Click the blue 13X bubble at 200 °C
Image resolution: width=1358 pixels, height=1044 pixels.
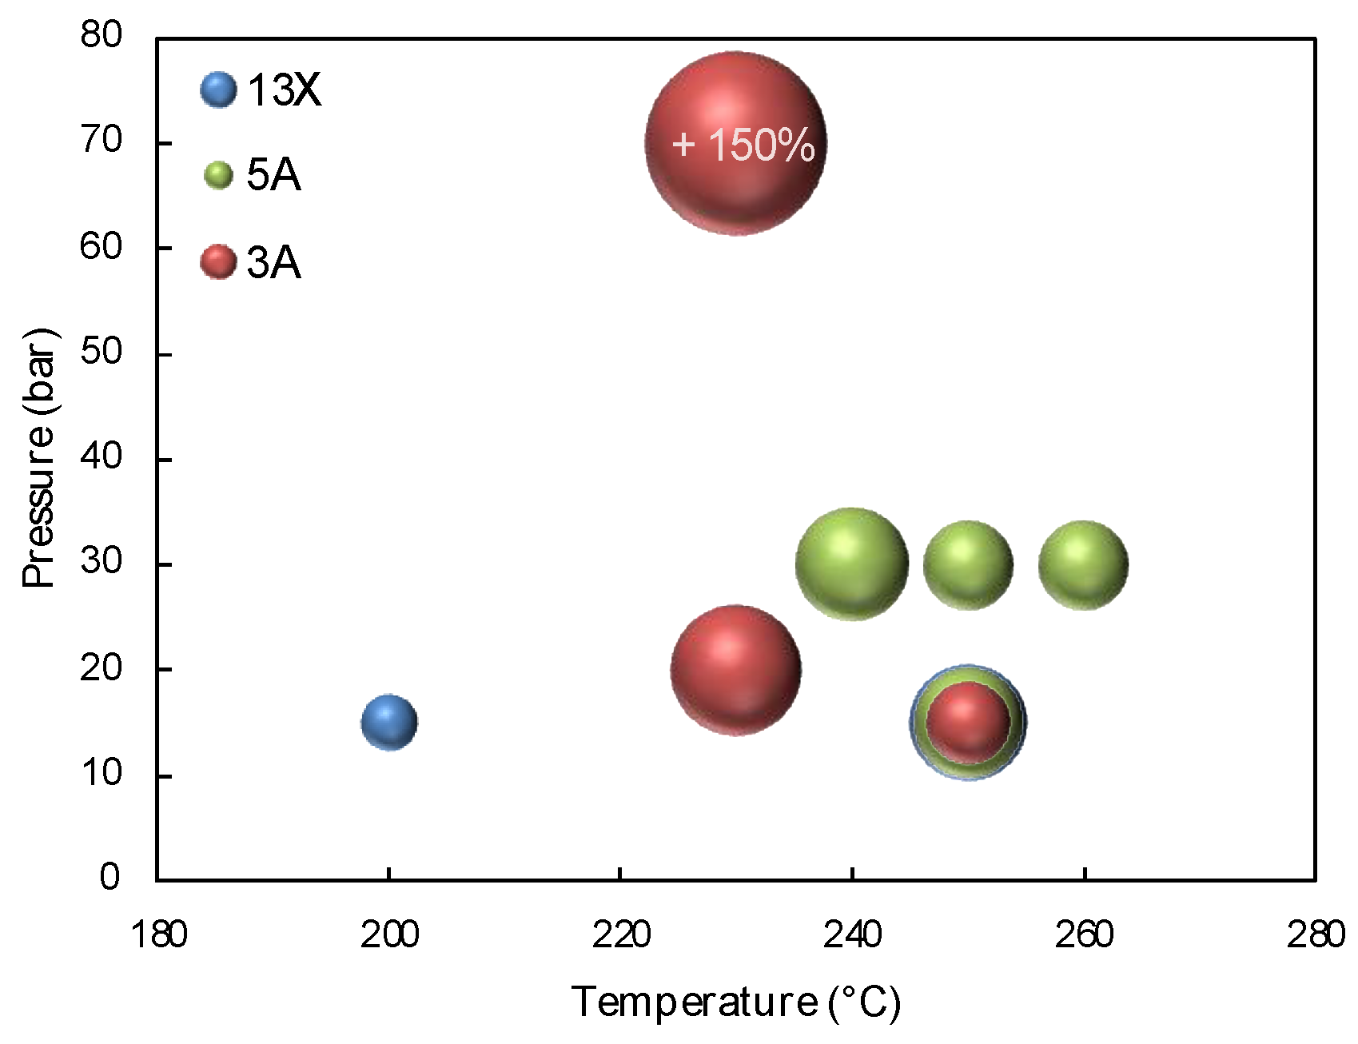(389, 722)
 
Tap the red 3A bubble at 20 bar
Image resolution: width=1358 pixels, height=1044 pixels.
(735, 670)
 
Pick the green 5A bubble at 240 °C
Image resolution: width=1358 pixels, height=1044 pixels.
(852, 564)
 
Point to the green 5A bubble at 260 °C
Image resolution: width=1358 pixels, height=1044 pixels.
(1083, 565)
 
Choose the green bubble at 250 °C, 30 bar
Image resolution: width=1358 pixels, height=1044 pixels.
(968, 565)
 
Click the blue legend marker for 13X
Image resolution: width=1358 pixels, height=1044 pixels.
(218, 90)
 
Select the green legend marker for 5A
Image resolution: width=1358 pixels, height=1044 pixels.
(218, 175)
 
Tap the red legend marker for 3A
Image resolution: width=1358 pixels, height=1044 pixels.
(218, 262)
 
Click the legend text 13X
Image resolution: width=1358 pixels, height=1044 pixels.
(285, 90)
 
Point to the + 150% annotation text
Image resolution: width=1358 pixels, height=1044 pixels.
(743, 145)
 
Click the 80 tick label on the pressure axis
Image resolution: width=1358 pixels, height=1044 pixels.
(102, 34)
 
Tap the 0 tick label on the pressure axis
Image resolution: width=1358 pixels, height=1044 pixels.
(110, 877)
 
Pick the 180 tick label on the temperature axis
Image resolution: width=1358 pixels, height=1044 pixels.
(158, 934)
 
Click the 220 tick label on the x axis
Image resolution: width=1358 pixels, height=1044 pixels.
(620, 934)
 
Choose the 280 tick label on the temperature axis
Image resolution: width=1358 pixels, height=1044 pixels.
(1315, 934)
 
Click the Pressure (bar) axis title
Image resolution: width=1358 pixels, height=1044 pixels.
(38, 458)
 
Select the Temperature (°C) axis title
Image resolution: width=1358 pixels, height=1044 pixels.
(735, 1002)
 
